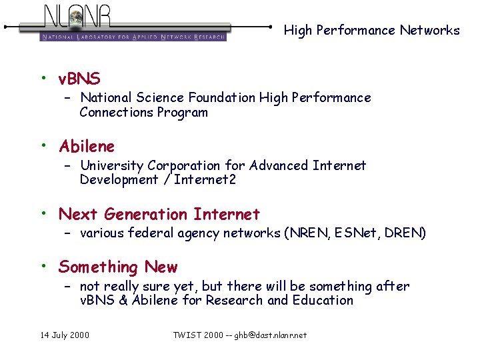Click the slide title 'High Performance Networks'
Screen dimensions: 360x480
[371, 30]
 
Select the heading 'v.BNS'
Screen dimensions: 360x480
[79, 80]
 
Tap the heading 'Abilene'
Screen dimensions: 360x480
[87, 146]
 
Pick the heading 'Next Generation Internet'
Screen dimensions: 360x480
[159, 214]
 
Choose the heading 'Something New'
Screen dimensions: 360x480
[118, 267]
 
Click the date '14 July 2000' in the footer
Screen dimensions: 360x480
[64, 335]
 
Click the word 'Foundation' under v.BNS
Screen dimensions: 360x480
[223, 98]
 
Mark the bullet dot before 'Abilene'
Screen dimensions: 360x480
[43, 145]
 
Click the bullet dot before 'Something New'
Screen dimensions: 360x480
[43, 266]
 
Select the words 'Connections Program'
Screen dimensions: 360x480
[143, 113]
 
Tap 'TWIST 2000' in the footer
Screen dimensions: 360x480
[199, 335]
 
